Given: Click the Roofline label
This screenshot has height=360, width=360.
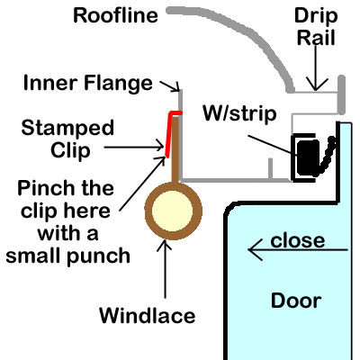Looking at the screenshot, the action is (115, 15).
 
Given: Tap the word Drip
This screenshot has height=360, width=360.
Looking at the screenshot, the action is (316, 16).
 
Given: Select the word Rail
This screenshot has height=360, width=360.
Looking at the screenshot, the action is (316, 38).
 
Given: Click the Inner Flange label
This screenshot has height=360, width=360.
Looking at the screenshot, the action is (88, 84).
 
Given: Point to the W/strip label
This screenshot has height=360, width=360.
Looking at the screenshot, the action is (239, 113).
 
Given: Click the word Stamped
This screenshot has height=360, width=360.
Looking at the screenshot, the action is (67, 128).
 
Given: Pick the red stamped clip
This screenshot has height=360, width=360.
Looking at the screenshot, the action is (172, 132).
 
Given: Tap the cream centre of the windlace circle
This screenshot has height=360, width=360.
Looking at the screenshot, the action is (172, 211).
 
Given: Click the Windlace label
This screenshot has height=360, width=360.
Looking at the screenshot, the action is (148, 316).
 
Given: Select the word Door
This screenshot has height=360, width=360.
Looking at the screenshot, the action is (296, 301).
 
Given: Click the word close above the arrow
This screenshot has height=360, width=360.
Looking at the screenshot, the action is (298, 240).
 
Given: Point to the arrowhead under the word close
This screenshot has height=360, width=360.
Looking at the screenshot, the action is (255, 249).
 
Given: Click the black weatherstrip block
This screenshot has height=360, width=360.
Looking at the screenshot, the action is (307, 157).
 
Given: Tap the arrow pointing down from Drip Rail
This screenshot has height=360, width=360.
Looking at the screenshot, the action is (316, 67).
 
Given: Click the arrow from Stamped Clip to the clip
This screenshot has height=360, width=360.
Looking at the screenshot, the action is (134, 148).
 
